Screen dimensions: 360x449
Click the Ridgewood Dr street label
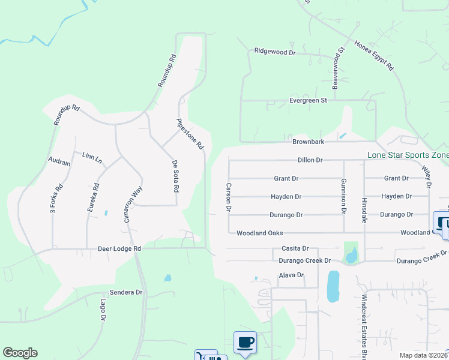pos(275,52)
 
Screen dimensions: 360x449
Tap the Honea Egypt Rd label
pos(373,56)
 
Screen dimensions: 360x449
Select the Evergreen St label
pos(307,100)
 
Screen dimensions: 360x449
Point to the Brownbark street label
pos(308,142)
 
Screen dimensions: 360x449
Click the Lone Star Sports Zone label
pos(408,155)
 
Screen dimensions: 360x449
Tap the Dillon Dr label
pos(310,160)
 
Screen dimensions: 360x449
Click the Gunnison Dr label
pos(344,199)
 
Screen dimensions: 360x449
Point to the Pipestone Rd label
pos(191,133)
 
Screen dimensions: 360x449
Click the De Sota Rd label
pos(175,176)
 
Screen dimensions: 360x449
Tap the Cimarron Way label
pos(133,204)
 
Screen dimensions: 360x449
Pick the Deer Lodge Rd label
pos(119,248)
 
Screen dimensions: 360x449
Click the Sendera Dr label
pos(130,292)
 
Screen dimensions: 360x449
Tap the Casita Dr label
pos(295,248)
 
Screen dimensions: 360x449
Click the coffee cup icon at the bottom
pos(245,343)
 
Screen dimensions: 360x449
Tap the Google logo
pos(20,353)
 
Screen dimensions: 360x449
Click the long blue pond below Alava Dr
pos(333,287)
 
